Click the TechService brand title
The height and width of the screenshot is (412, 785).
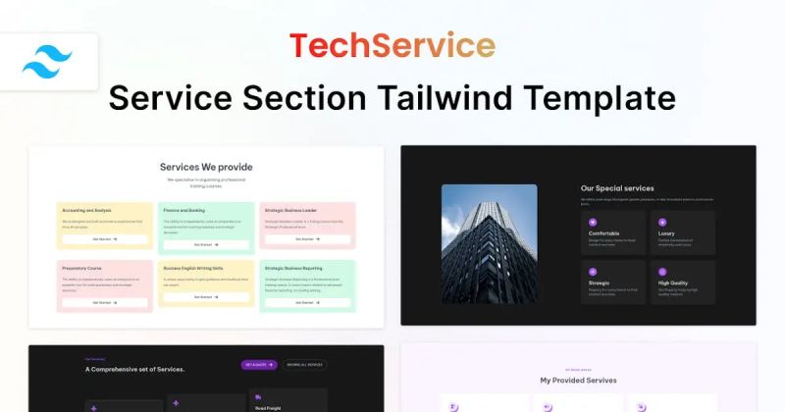(392, 45)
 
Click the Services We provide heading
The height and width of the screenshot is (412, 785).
(206, 167)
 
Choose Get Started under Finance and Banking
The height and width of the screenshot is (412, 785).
(205, 244)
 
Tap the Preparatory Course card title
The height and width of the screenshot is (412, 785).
(82, 267)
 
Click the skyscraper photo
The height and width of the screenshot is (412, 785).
(490, 244)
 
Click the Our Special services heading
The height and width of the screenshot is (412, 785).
(617, 188)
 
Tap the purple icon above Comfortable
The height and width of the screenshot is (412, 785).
(593, 223)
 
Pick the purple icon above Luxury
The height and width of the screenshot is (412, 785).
(662, 223)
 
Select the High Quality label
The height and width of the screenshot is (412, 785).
(673, 283)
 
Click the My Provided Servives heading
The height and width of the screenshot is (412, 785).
(578, 380)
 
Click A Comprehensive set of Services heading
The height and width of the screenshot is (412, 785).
(134, 369)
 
